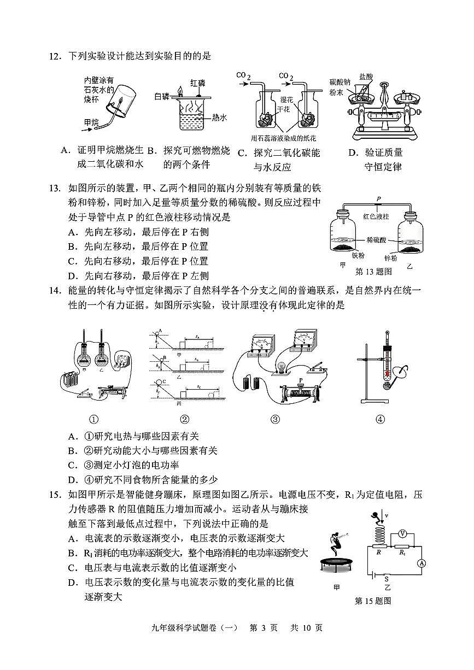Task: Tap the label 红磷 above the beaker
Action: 198,83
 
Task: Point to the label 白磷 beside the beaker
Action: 162,96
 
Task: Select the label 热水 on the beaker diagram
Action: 220,117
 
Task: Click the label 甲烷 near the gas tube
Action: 91,122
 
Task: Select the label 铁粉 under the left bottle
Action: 358,255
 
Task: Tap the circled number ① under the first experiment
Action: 93,419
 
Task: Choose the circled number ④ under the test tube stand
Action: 380,419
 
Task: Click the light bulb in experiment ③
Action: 282,365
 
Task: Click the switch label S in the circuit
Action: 386,578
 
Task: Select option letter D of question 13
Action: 72,276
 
